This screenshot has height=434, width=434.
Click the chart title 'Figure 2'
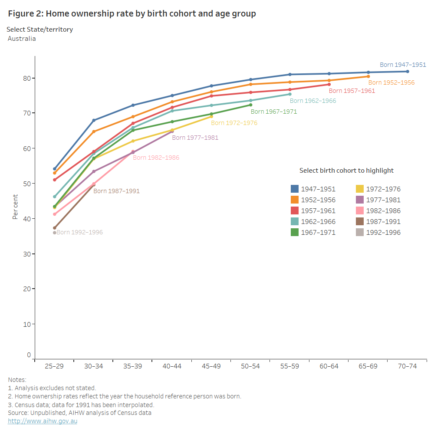132,14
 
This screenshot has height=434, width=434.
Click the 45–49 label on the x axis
211,366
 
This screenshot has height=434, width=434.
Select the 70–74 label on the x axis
407,366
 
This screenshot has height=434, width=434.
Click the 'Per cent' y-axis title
15,207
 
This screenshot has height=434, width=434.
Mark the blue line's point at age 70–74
408,72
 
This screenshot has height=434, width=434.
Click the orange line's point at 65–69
368,76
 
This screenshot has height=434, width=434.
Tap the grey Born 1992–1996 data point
55,233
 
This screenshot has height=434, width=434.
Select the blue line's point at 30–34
94,120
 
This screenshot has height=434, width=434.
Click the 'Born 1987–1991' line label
116,191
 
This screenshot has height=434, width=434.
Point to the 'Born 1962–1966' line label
313,101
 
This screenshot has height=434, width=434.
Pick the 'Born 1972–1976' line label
234,123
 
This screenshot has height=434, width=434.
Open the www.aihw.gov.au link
43,421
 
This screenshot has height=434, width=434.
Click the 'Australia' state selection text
22,39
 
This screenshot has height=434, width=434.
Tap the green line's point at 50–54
250,105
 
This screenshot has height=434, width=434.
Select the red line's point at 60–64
329,84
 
